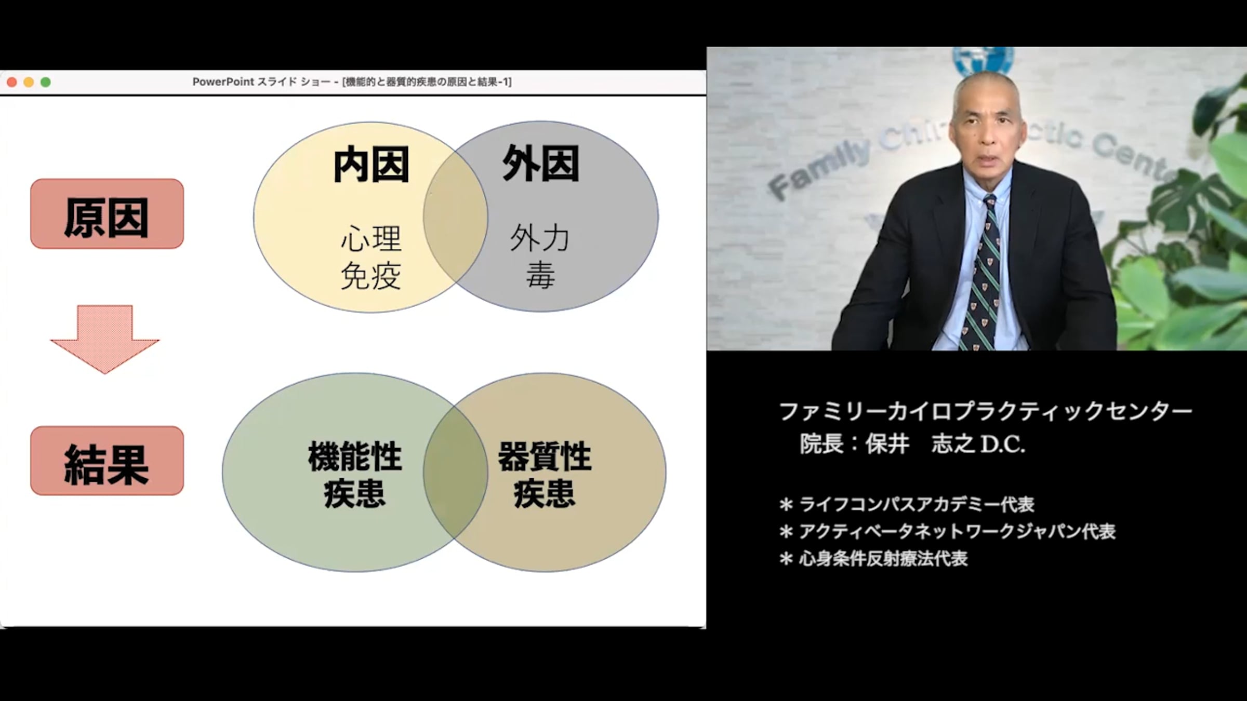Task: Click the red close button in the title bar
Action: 12,82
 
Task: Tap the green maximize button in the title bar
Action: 46,82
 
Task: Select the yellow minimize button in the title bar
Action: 29,82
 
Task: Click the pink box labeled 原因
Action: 107,214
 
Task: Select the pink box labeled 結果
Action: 107,461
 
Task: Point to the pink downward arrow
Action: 105,339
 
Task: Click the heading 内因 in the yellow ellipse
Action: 371,165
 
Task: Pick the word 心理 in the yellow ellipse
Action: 371,239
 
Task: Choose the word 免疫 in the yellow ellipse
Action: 371,275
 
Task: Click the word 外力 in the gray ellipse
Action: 540,238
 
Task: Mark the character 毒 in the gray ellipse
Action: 540,275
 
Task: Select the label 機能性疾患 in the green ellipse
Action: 355,475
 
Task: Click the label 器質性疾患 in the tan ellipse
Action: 545,475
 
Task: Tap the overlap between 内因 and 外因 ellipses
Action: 456,217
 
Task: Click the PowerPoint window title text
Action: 352,82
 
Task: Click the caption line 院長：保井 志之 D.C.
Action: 912,444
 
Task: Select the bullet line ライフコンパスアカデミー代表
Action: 907,504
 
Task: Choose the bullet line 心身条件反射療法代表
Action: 873,559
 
